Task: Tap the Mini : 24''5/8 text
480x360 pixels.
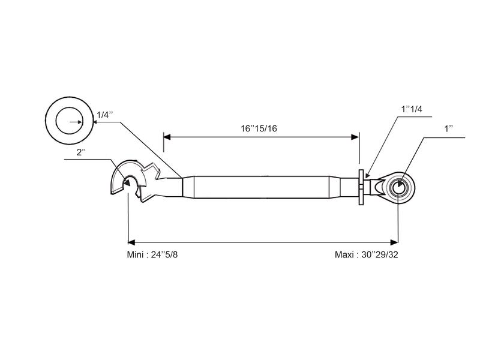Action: pos(152,254)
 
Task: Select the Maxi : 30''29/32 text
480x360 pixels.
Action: pos(366,254)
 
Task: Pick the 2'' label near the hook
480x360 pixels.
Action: pos(82,152)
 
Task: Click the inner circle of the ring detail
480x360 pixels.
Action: pos(69,122)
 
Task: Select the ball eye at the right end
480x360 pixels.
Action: pos(399,187)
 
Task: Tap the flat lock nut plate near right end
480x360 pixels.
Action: pos(361,188)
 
